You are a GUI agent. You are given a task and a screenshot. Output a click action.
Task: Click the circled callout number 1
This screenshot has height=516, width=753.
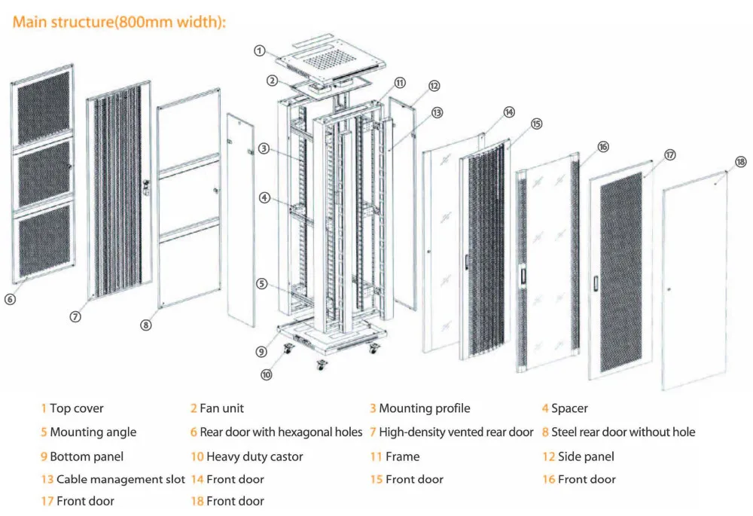click(x=259, y=50)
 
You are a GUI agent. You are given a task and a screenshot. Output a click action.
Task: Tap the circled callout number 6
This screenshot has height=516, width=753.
click(x=10, y=299)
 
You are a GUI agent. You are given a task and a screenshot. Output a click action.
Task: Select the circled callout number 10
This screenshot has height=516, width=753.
click(x=267, y=374)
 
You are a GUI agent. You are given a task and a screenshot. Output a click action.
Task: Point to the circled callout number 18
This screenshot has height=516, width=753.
click(x=740, y=162)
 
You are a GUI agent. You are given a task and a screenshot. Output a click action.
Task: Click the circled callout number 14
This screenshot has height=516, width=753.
click(x=510, y=112)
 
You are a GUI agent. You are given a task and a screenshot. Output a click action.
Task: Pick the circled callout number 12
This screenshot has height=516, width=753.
click(x=434, y=86)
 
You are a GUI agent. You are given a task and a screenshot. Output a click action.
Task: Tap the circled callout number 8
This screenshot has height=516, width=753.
click(x=146, y=325)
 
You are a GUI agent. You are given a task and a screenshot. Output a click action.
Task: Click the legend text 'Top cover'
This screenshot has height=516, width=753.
click(x=77, y=408)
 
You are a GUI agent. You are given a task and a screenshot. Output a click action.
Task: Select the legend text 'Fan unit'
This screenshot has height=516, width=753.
click(x=221, y=408)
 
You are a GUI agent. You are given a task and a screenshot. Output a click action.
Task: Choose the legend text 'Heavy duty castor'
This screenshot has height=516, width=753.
click(x=255, y=456)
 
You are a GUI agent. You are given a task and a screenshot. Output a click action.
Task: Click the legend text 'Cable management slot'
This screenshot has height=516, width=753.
click(x=120, y=479)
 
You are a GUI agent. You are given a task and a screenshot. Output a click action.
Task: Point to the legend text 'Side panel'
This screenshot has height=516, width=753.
click(x=586, y=456)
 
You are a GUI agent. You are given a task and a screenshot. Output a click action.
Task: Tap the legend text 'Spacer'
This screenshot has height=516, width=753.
click(x=569, y=408)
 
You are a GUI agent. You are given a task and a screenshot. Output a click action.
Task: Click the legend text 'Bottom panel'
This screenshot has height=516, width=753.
click(x=87, y=456)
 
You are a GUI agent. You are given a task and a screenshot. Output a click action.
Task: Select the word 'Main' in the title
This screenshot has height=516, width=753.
click(x=30, y=22)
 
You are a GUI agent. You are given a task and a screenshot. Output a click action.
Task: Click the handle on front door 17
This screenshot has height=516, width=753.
click(x=595, y=284)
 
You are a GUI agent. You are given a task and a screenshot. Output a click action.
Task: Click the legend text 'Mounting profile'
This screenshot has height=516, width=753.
click(x=424, y=408)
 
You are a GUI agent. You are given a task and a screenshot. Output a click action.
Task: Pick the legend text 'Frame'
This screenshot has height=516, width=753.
click(x=402, y=456)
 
